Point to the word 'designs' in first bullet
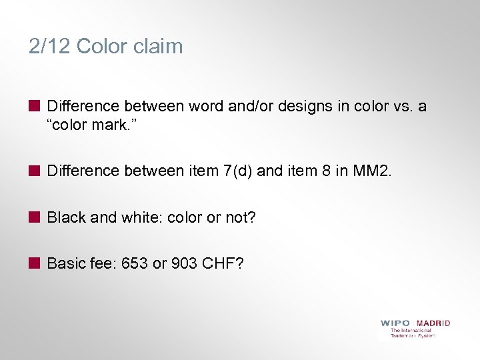pyautogui.click(x=299, y=106)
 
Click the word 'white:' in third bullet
pyautogui.click(x=143, y=217)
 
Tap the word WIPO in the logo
pyautogui.click(x=395, y=323)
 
